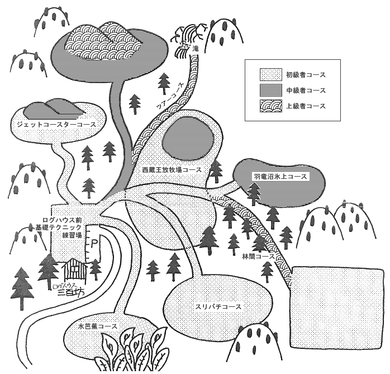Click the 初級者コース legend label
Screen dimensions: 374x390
(x=305, y=75)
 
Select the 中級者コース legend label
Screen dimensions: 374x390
(x=305, y=90)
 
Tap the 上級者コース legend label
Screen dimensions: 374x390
(x=305, y=105)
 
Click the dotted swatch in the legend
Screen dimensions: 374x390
(x=270, y=75)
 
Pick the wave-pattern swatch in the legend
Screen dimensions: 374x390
(x=270, y=105)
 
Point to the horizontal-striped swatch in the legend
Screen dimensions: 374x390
(x=270, y=90)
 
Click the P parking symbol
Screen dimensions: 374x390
(x=94, y=244)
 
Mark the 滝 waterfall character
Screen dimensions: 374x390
(x=196, y=50)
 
